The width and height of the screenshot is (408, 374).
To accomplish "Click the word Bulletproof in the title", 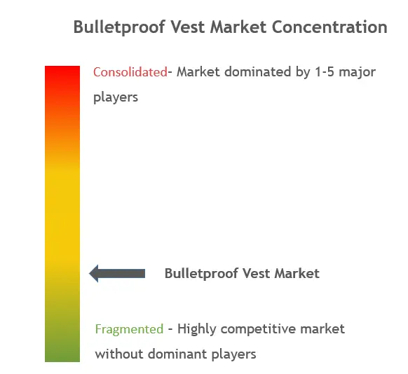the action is [119, 27].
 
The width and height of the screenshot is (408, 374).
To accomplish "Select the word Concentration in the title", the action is [329, 27].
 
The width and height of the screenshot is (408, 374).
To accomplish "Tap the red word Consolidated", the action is [130, 72].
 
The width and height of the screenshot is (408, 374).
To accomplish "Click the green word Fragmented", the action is [129, 329].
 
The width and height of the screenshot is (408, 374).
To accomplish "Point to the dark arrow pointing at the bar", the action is [117, 273].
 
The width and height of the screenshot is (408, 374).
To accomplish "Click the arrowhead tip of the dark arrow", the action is [89, 273].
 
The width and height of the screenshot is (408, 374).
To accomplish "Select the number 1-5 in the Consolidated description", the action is [324, 72].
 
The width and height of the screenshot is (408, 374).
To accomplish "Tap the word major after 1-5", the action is [357, 73].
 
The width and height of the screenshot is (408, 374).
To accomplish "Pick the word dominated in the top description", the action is [257, 72].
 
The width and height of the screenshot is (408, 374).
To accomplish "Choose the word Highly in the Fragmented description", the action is [197, 329].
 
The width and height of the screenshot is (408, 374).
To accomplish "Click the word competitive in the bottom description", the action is [258, 329].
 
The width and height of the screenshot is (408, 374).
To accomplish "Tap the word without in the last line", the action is [119, 354].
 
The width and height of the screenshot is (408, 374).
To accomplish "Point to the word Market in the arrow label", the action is [297, 273].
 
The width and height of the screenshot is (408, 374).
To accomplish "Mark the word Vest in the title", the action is [188, 27].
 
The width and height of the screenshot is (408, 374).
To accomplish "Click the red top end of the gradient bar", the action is [62, 68].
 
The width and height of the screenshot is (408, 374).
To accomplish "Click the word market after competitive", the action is [322, 329].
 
